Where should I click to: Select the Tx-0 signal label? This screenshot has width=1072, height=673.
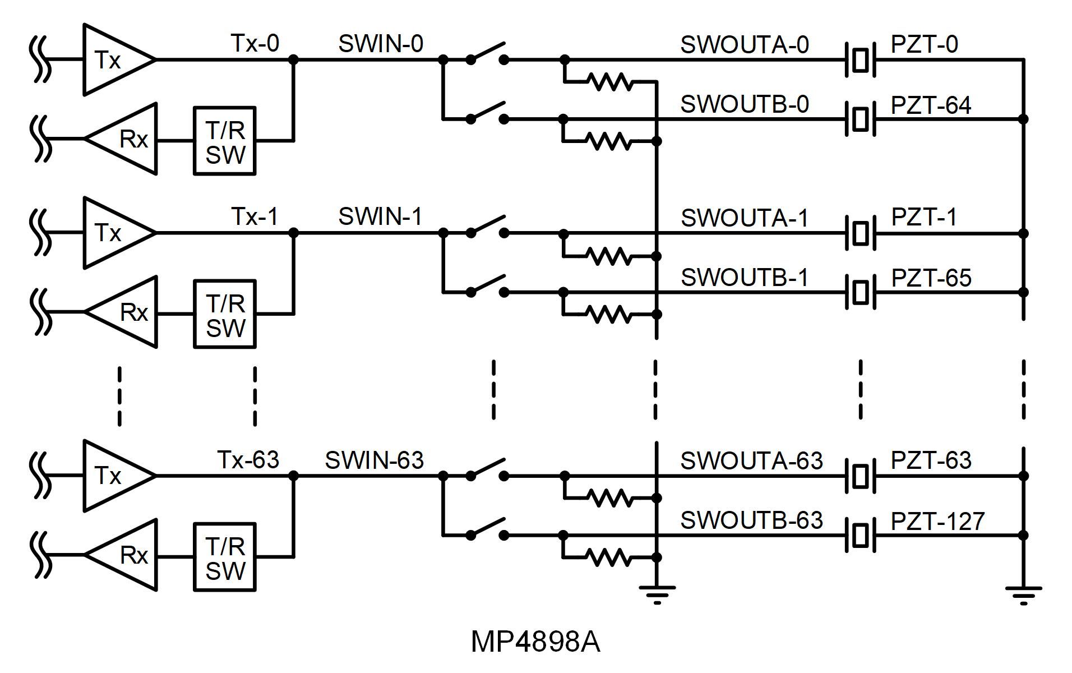pos(255,43)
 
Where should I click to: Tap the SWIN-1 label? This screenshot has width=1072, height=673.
pos(380,216)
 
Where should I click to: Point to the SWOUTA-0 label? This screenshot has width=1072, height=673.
pos(745,45)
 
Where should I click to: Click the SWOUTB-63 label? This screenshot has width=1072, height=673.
pos(751,520)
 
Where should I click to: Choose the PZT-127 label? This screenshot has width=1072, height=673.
pos(937,522)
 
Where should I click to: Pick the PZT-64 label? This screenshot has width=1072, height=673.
pos(931,105)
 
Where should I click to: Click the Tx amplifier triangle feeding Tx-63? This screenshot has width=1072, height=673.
pos(115,476)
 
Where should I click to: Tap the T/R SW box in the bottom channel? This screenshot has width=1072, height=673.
pos(225,557)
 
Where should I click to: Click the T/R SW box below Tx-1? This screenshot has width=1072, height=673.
pos(225,314)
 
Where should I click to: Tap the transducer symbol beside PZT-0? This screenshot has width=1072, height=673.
pos(860,59)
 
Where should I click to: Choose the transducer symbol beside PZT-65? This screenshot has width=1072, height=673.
pos(860,292)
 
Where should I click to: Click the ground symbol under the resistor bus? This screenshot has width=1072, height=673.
pos(657,593)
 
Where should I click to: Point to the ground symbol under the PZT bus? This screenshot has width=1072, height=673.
pos(1023,593)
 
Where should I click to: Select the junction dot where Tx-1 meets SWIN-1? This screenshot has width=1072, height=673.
pos(293,232)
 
